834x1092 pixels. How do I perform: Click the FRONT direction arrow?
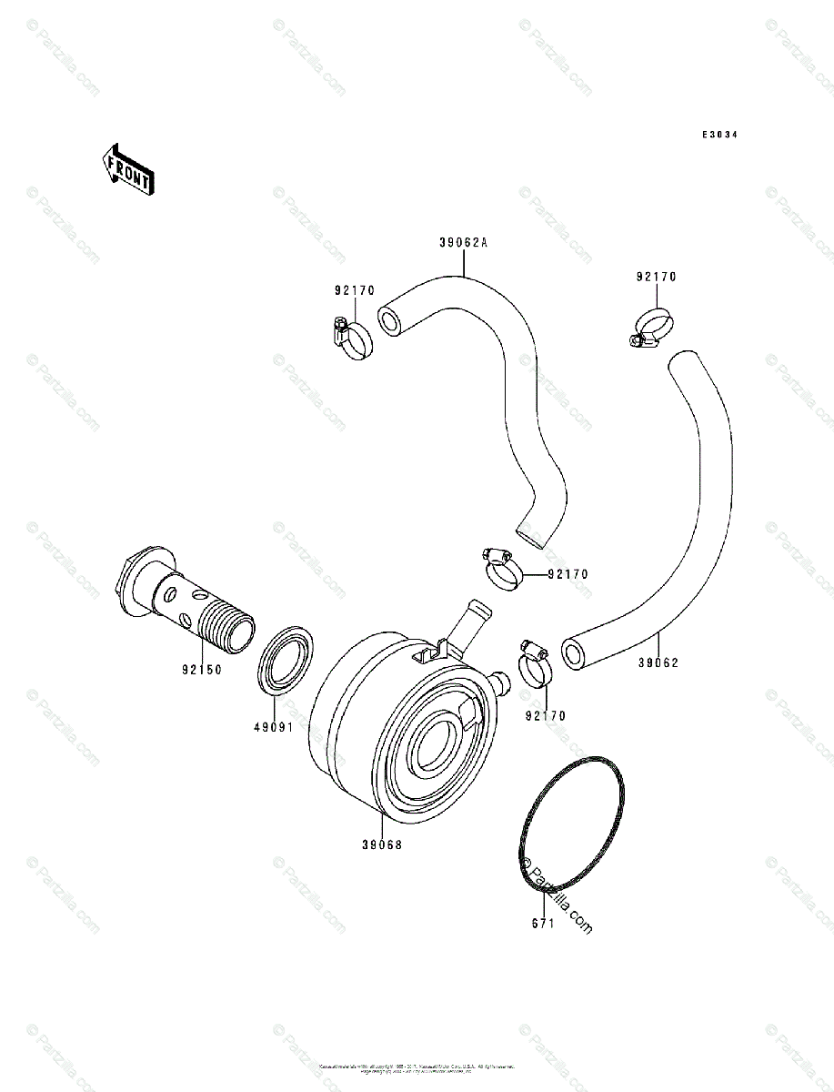click(x=126, y=168)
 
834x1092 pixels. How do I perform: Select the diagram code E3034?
click(x=718, y=135)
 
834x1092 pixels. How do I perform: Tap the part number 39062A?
click(x=463, y=243)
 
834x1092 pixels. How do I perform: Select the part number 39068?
click(x=381, y=844)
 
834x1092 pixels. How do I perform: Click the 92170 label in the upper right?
click(x=657, y=277)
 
